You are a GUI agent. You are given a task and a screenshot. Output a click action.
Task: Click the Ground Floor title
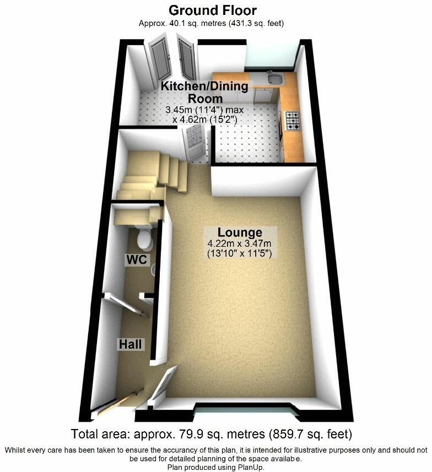(x=212, y=10)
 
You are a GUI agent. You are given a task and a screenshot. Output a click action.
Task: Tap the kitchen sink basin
(x=276, y=80)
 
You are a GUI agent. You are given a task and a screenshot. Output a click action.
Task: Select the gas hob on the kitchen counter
(x=293, y=121)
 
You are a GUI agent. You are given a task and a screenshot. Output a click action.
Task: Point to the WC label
(x=137, y=260)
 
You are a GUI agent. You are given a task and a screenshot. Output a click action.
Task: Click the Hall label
(x=130, y=344)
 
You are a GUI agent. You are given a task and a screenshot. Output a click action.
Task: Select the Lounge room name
(x=240, y=232)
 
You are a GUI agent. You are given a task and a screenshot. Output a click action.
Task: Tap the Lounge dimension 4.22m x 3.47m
(x=239, y=243)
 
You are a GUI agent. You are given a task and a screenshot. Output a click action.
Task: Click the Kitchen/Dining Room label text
(x=205, y=92)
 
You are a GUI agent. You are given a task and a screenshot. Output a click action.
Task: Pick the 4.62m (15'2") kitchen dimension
(x=205, y=120)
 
